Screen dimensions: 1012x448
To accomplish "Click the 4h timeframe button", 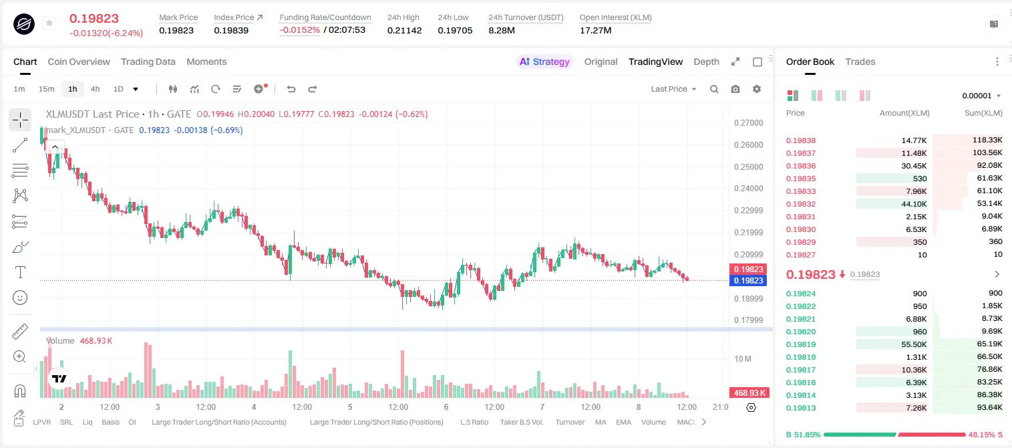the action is pos(95,89).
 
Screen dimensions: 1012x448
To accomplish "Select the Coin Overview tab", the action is pos(79,62).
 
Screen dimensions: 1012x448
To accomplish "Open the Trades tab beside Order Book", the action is pos(860,62).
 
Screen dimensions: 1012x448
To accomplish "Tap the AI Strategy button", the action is pos(544,62).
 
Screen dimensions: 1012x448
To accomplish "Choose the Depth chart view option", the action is pos(706,62).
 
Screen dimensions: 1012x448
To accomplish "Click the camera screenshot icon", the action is pos(735,89).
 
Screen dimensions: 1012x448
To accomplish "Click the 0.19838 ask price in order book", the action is pos(800,140).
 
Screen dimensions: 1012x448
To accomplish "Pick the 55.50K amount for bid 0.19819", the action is pos(914,344).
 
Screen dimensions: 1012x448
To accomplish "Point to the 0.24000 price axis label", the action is pos(748,189).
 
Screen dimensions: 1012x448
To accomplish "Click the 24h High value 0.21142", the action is pos(404,30).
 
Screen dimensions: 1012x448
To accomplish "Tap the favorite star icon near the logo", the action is pos(49,23).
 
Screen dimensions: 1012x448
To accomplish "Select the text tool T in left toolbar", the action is pos(20,272).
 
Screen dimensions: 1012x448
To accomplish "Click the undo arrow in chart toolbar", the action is pos(291,89).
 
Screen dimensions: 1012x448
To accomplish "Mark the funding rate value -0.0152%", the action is pos(299,30).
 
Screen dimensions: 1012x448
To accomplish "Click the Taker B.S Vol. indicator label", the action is pos(521,422).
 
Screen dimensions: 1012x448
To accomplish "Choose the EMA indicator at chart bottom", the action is pos(623,422).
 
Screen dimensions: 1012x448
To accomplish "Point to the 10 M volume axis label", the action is pos(743,358).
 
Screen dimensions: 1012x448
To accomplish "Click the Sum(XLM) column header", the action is pos(983,113).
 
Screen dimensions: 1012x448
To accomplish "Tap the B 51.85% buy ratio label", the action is pos(803,435).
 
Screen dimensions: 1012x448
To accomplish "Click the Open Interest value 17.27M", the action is pos(595,30).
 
